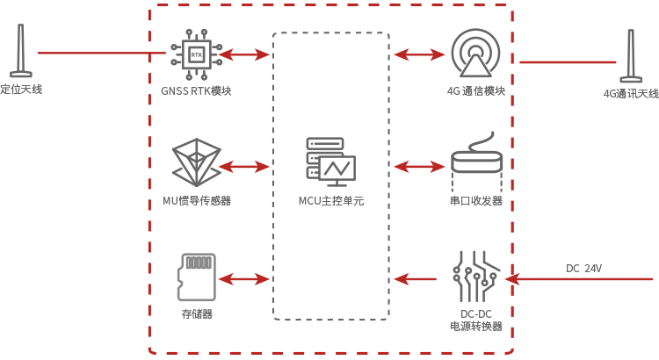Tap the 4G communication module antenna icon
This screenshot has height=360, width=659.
pyautogui.click(x=474, y=54)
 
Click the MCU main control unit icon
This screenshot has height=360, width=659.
pyautogui.click(x=330, y=162)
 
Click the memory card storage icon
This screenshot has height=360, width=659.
pyautogui.click(x=197, y=277)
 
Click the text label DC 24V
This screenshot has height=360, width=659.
pyautogui.click(x=583, y=268)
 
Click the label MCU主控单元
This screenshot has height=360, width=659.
pyautogui.click(x=330, y=201)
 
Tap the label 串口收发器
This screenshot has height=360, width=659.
pyautogui.click(x=476, y=201)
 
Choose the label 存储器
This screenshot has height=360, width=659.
pyautogui.click(x=197, y=313)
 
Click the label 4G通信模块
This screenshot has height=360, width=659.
pyautogui.click(x=475, y=91)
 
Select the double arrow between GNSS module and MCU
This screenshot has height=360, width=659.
pyautogui.click(x=243, y=54)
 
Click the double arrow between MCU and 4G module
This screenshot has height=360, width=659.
pyautogui.click(x=419, y=54)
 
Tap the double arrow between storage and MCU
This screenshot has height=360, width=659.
pyautogui.click(x=243, y=279)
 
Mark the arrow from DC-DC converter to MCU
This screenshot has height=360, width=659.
pyautogui.click(x=415, y=279)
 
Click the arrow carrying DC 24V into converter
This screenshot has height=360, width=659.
pyautogui.click(x=579, y=279)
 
